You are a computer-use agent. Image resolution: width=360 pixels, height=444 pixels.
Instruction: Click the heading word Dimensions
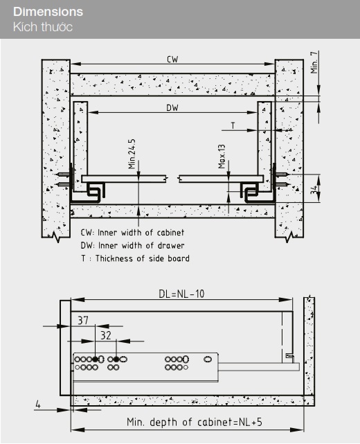click(48, 12)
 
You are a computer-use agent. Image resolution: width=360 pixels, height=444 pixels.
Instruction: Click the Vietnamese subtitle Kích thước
click(43, 27)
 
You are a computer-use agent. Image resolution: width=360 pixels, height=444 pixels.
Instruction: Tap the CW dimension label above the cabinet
click(172, 59)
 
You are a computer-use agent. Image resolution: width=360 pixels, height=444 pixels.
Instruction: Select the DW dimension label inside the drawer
click(172, 108)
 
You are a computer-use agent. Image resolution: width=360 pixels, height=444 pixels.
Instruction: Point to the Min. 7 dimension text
click(314, 62)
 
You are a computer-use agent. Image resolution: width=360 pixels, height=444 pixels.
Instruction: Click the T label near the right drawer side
click(233, 125)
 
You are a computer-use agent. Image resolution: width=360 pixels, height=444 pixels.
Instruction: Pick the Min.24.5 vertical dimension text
click(132, 154)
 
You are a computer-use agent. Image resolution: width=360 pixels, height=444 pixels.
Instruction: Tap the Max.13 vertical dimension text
click(222, 157)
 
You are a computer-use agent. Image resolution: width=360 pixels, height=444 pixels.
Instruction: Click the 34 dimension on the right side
click(314, 189)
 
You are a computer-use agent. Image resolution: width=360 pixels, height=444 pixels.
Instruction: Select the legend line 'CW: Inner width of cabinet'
click(132, 233)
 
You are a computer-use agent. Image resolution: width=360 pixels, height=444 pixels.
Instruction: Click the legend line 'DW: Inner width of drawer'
click(132, 245)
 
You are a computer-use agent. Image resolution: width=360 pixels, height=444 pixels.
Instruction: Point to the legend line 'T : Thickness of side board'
click(135, 258)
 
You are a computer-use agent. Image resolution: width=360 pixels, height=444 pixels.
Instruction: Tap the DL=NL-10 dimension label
click(181, 294)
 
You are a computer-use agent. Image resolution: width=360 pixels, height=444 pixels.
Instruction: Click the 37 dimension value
click(83, 321)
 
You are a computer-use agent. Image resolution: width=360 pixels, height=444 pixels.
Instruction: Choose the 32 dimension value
click(106, 335)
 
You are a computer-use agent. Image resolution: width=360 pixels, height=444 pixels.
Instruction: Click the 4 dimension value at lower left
click(38, 405)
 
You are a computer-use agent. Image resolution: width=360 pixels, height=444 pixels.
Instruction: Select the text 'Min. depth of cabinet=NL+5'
click(195, 422)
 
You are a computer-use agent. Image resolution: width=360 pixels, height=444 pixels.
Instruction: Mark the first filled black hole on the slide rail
click(96, 359)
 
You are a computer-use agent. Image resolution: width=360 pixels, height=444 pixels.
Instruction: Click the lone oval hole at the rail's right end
click(208, 359)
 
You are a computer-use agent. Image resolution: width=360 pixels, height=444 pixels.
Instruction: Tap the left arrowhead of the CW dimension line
click(75, 64)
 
